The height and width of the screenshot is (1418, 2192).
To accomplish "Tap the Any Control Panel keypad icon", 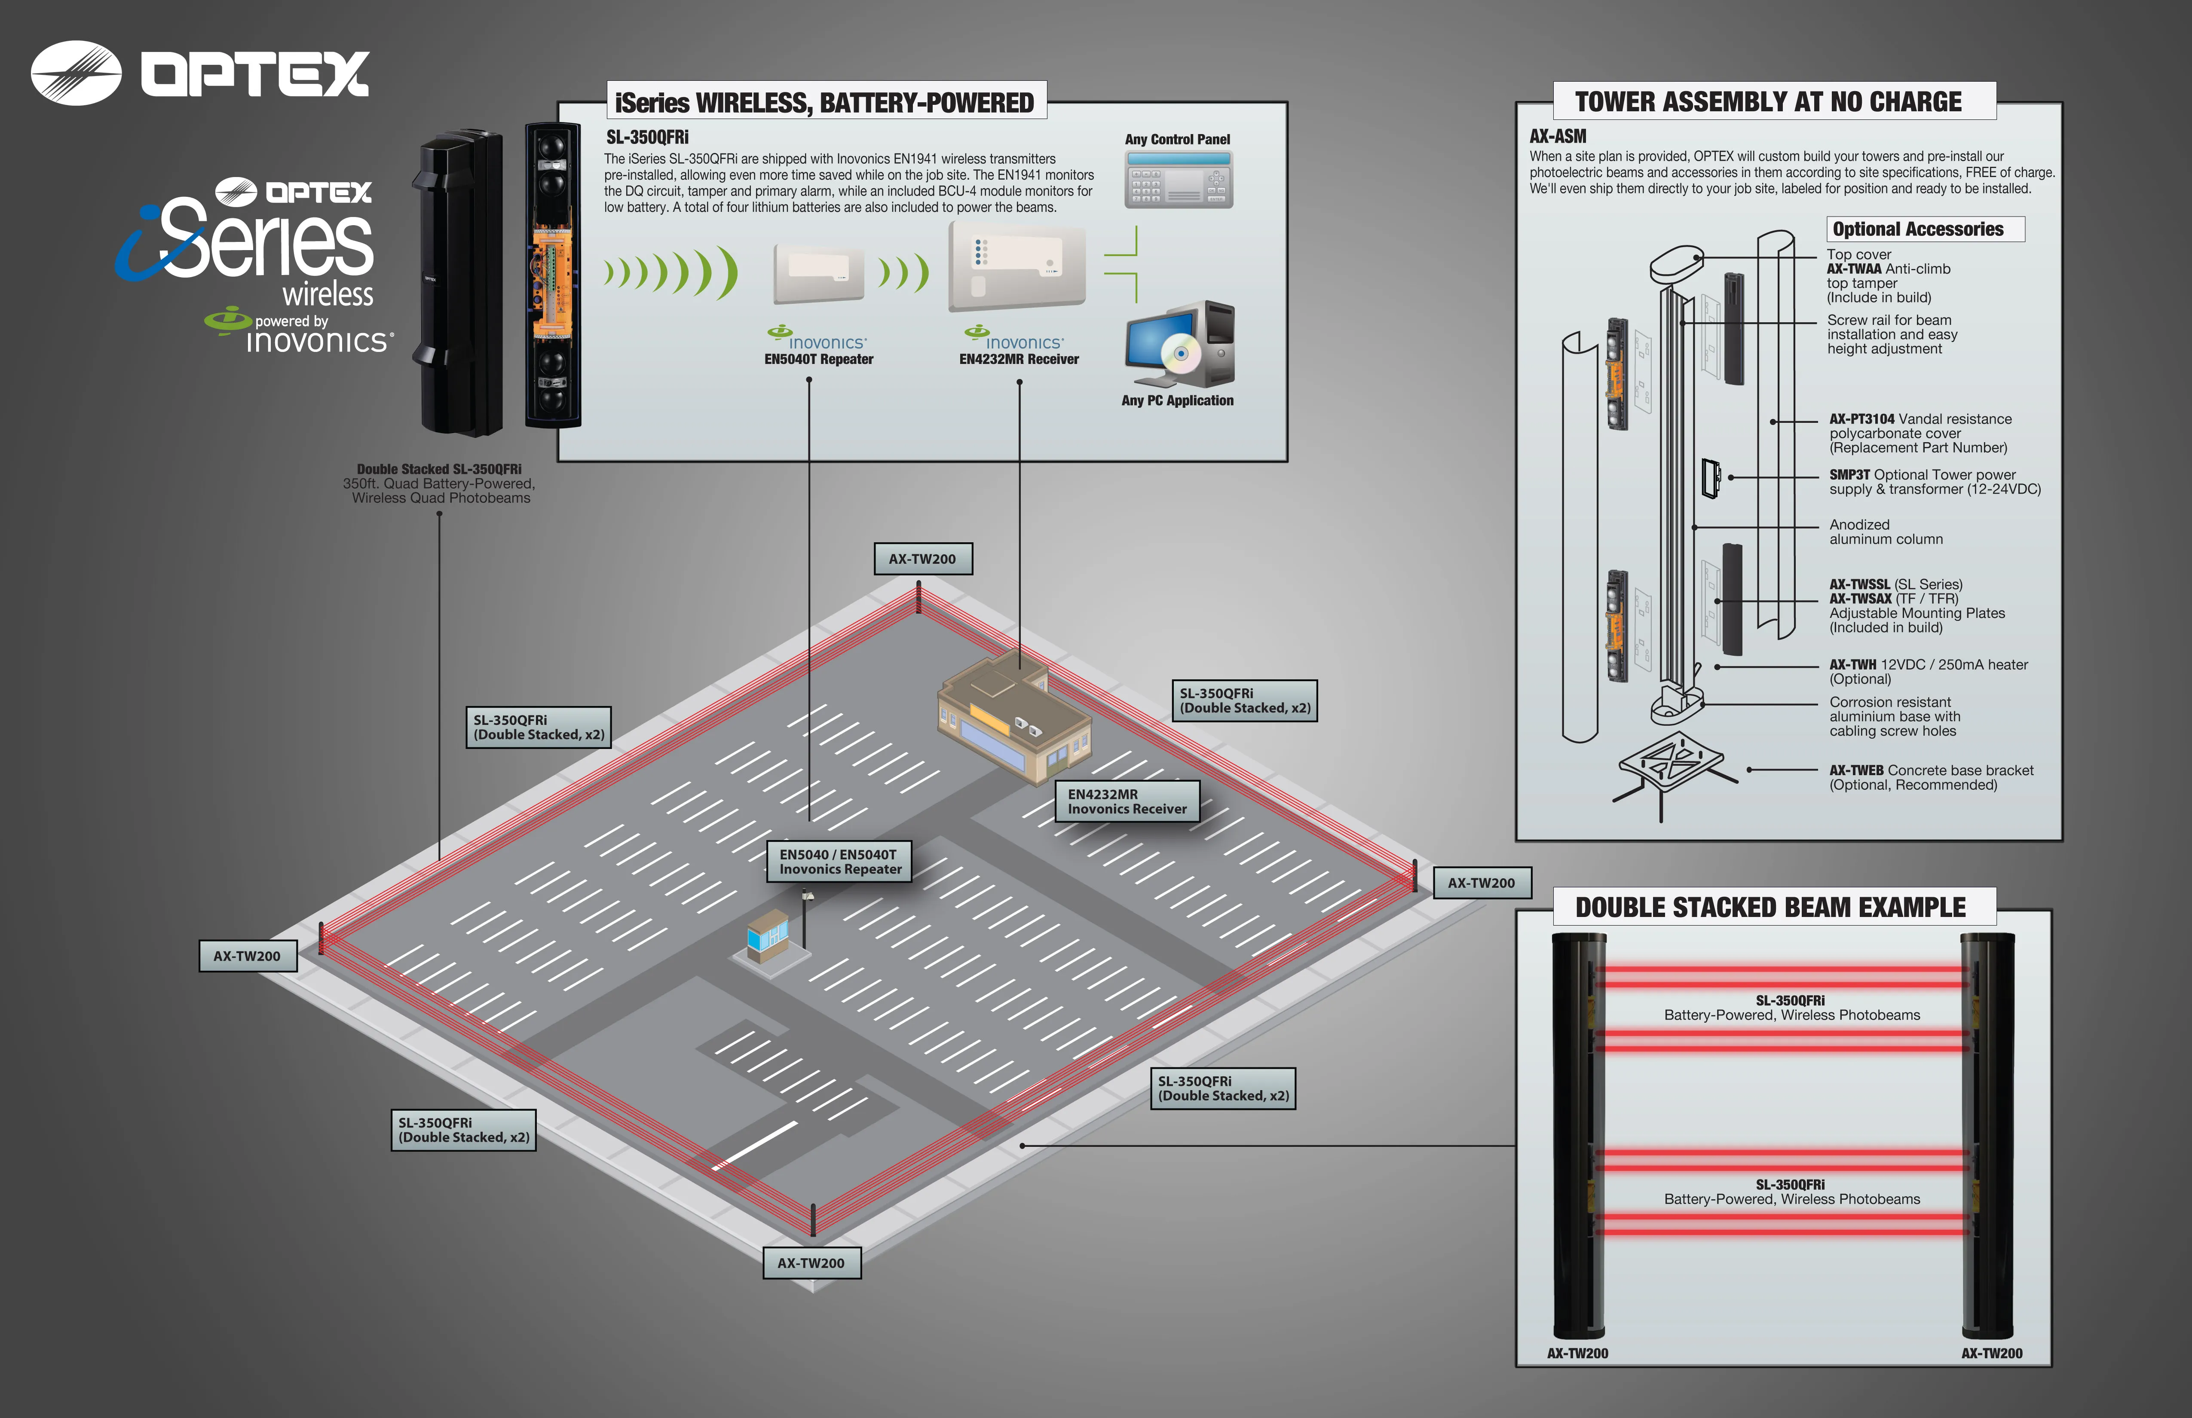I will pos(1178,180).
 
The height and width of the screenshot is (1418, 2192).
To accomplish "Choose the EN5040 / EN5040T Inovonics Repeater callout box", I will pos(839,862).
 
